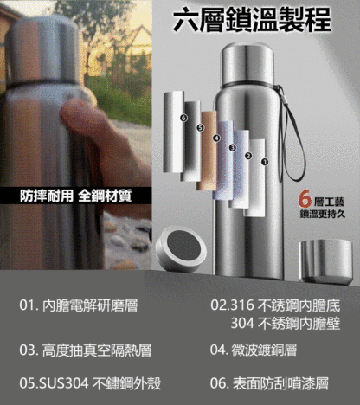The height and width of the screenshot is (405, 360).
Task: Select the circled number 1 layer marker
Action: (x=265, y=161)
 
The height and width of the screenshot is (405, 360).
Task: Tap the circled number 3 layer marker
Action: (x=232, y=147)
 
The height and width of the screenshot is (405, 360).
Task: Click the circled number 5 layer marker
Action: (x=200, y=128)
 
